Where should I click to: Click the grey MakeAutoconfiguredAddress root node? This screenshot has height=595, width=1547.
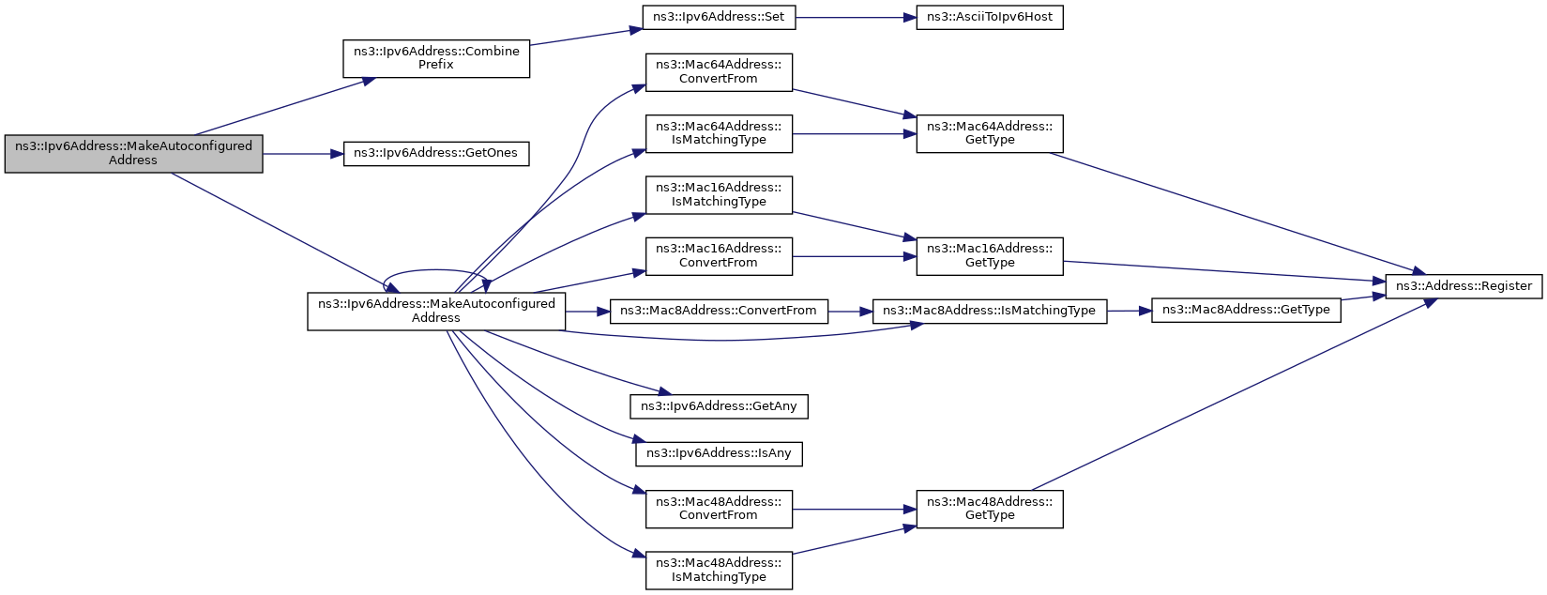pos(133,153)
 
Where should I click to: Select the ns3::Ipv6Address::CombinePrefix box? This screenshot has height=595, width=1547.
pos(436,58)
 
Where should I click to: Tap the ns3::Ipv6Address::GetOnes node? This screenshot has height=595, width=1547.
pos(436,153)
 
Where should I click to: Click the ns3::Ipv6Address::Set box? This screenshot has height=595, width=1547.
pos(719,17)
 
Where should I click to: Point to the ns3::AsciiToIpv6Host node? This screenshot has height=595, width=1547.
pos(990,17)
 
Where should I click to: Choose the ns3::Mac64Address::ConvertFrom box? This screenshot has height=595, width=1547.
pos(719,72)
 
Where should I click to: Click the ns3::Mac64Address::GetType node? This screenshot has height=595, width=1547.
pos(990,133)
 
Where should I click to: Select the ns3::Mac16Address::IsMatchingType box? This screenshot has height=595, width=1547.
pos(719,195)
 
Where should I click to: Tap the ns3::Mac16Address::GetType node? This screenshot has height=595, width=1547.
pos(990,256)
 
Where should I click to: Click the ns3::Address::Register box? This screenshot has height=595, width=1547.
pos(1464,286)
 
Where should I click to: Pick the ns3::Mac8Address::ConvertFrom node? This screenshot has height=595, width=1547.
pos(719,311)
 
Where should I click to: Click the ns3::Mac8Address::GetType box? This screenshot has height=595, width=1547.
pos(1246,311)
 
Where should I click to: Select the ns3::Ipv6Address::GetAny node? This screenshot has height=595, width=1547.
pos(719,406)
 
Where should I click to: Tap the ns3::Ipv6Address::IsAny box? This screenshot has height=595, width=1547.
pos(719,454)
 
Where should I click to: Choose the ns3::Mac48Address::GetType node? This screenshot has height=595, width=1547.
pos(990,510)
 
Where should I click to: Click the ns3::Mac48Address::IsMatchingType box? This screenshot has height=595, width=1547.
pos(719,571)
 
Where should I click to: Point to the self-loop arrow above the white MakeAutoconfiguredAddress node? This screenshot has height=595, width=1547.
pos(436,270)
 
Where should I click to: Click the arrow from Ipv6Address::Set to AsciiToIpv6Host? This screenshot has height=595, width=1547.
pos(856,17)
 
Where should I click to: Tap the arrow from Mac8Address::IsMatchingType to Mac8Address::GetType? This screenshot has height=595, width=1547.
pos(1130,311)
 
